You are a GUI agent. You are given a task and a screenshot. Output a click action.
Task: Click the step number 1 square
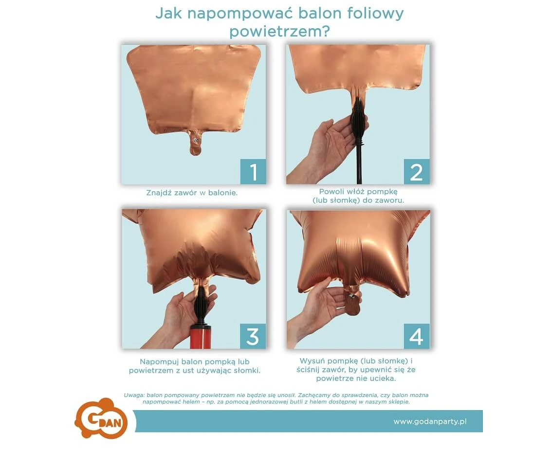coord(253,171)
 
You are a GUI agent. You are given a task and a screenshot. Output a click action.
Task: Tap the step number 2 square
coord(417,171)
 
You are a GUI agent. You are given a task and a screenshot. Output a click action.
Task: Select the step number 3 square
coord(253,336)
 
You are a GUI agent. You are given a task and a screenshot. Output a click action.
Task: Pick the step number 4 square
coord(417,336)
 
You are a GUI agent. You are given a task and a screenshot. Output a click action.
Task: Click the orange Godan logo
coord(101,418)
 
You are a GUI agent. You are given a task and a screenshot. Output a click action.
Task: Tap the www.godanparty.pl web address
coord(430,421)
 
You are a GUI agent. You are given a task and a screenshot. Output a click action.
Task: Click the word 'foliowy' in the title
coord(375,13)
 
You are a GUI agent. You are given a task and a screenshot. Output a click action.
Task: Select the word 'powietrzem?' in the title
coord(279,32)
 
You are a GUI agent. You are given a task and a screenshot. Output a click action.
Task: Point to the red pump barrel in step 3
coord(201,337)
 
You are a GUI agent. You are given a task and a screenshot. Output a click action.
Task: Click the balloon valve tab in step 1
coord(195,142)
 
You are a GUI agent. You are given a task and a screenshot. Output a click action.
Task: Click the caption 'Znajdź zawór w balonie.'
coord(192,193)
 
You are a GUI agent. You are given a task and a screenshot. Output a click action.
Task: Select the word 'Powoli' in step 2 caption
coord(331,192)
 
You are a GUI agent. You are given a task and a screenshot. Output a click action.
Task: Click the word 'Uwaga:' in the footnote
coord(134,396)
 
